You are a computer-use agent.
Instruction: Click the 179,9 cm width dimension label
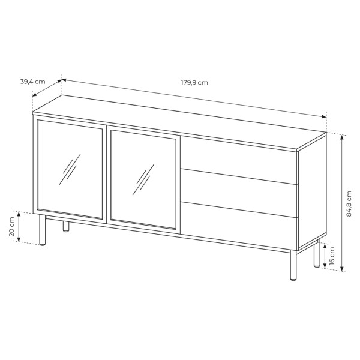coord(194,83)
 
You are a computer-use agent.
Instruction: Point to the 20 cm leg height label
coord(11,227)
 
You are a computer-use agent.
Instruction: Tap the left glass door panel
coord(70,169)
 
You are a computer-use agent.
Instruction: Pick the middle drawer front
coord(239,189)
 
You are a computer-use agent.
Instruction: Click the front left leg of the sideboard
coord(42,231)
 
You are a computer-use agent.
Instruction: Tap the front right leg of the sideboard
coord(292,266)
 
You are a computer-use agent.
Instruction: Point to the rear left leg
coord(65,227)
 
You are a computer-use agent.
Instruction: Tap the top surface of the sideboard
coord(180,123)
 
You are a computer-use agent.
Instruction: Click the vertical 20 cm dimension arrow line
coord(20,227)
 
